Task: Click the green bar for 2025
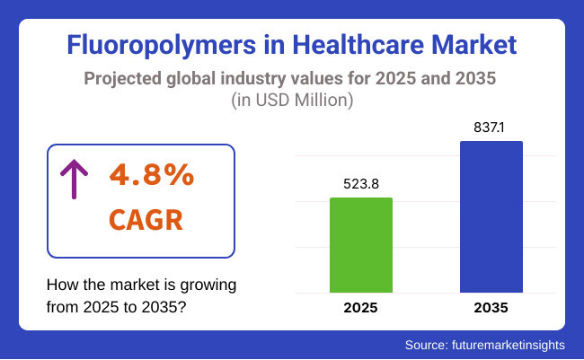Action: coord(361,244)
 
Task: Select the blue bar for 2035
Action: coord(491,216)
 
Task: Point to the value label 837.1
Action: coord(491,127)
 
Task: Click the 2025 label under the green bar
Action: coord(361,308)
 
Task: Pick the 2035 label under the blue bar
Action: coord(491,308)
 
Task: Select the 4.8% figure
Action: coord(152,175)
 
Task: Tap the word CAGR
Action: coord(149,218)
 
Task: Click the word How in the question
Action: coord(61,285)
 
